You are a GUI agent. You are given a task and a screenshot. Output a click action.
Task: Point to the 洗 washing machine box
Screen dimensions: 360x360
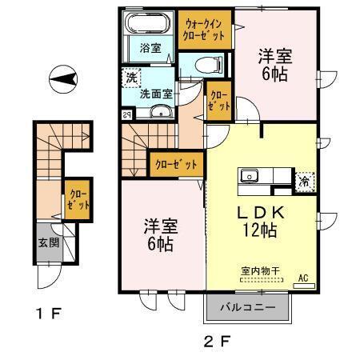coord(130,79)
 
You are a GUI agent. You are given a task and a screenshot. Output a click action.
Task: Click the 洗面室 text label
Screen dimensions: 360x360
coord(156,94)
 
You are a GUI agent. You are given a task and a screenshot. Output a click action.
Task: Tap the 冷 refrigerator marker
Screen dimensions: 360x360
coord(304,181)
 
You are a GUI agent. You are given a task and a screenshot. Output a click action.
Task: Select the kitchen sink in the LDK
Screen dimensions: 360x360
coord(248,175)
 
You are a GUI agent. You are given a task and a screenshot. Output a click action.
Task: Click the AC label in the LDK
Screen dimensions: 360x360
coord(303,278)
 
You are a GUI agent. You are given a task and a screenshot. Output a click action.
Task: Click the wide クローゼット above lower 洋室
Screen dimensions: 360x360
coord(174,164)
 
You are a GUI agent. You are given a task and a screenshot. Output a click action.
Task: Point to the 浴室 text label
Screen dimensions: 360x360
coord(150,47)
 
